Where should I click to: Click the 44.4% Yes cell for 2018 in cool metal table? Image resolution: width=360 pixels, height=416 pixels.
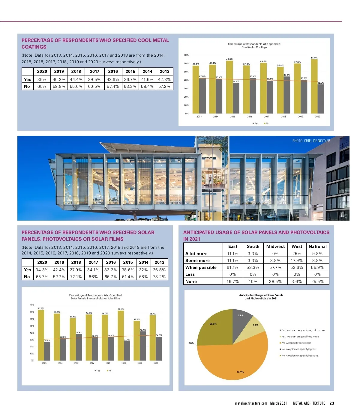pyautogui.click(x=76, y=79)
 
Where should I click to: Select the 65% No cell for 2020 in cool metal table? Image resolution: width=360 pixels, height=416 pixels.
pyautogui.click(x=42, y=86)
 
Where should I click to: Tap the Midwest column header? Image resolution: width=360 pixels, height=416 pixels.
pyautogui.click(x=275, y=246)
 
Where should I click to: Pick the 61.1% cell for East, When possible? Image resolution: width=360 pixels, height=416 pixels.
pyautogui.click(x=232, y=267)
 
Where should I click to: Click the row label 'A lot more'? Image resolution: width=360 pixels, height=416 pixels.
pyautogui.click(x=196, y=254)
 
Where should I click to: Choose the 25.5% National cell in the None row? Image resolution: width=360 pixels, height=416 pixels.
pyautogui.click(x=317, y=281)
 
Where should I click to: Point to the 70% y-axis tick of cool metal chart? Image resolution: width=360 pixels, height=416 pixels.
pyautogui.click(x=186, y=55)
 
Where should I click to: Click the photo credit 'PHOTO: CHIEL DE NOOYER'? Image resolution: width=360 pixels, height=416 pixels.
pyautogui.click(x=311, y=141)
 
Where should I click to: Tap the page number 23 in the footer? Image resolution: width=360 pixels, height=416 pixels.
pyautogui.click(x=332, y=403)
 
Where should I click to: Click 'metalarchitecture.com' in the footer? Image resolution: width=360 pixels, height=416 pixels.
pyautogui.click(x=251, y=403)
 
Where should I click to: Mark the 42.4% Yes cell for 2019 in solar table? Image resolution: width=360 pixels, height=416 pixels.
pyautogui.click(x=59, y=270)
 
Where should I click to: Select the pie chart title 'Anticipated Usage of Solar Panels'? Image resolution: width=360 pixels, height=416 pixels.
pyautogui.click(x=261, y=295)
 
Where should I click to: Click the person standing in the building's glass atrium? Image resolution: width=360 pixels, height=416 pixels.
pyautogui.click(x=210, y=179)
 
